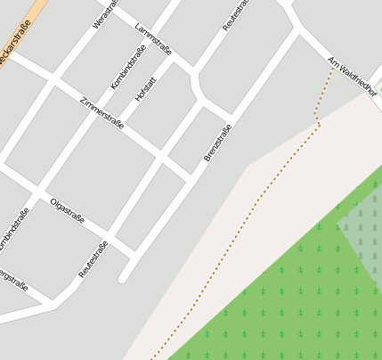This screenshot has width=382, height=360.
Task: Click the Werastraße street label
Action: [x=104, y=12]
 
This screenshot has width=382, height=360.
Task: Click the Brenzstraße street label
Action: [x=217, y=143]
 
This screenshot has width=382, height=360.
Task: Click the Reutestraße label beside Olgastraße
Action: [x=93, y=258]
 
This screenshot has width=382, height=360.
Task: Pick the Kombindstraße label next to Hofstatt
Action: [x=128, y=67]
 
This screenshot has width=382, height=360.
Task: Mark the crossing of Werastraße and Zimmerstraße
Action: [x=53, y=78]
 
